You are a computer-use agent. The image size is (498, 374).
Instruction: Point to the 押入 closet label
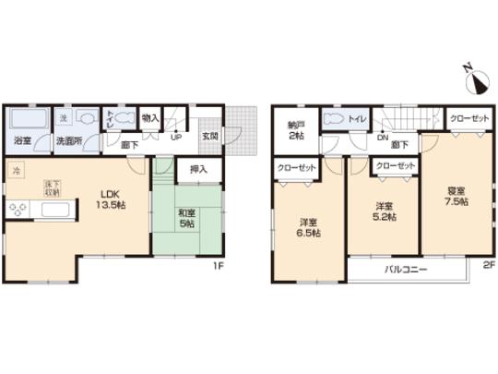tap(198, 170)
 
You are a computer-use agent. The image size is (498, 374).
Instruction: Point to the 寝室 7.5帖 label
tap(456, 197)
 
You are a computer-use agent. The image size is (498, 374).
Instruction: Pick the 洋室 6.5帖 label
tap(308, 227)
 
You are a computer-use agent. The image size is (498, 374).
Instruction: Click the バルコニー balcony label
tap(402, 269)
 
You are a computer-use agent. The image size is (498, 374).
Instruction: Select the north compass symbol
tap(477, 82)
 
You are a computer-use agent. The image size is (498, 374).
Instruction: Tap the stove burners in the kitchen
tap(19, 210)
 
